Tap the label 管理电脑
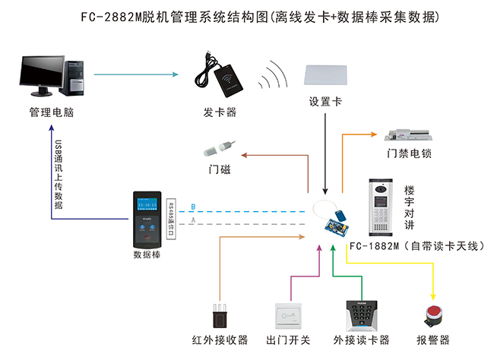(x=52, y=113)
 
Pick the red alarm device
(x=434, y=315)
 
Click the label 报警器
(x=433, y=339)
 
